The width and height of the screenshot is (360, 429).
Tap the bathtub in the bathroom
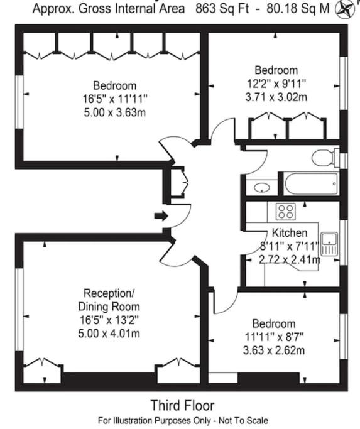pos(311,183)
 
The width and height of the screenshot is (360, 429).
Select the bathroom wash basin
pos(262,188)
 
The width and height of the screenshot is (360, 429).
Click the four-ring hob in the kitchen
pos(285,211)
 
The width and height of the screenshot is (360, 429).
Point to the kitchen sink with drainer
pos(329,244)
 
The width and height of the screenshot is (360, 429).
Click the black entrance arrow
pos(161,216)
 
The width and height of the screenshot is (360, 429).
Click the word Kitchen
pos(290,233)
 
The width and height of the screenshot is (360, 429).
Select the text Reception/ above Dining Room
pos(109,293)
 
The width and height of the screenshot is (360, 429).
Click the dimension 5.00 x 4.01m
pos(109,334)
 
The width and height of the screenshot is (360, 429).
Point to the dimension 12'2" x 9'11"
pos(276,84)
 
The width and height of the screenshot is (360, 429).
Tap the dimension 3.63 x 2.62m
pos(274,350)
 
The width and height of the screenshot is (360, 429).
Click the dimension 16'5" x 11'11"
pos(115,99)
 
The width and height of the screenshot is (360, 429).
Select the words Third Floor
pos(183,405)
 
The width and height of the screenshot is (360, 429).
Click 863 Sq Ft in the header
pos(222,9)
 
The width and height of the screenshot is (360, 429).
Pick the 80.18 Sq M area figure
pos(298,9)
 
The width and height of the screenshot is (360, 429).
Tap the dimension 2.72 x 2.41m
pos(290,259)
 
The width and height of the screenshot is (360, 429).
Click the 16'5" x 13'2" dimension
pos(109,320)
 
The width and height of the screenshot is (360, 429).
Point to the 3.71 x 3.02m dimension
pos(276,97)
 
